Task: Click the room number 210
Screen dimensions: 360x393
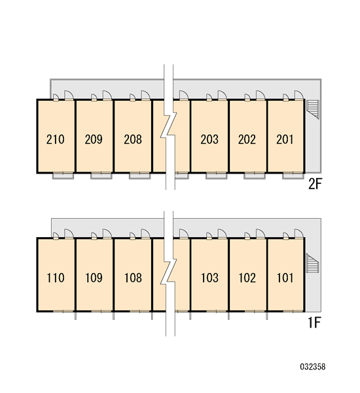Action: [x=56, y=140]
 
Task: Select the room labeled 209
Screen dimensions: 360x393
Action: [x=94, y=140]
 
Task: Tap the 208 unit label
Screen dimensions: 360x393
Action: [x=133, y=140]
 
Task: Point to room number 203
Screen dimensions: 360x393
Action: [x=209, y=140]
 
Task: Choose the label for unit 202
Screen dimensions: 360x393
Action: [x=247, y=140]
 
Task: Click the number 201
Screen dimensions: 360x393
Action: [x=285, y=140]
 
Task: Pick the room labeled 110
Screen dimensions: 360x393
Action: [x=56, y=278]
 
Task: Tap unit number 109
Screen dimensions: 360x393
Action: [x=94, y=278]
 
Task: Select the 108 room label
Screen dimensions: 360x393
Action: [x=133, y=278]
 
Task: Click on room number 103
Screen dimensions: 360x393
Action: [x=209, y=278]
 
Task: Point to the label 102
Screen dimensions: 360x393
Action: [x=247, y=278]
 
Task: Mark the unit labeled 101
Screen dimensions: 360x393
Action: [x=285, y=278]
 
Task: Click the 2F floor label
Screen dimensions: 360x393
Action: [x=315, y=184]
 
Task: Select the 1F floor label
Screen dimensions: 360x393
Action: [x=314, y=323]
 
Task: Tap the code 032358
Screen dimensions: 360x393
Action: [x=313, y=367]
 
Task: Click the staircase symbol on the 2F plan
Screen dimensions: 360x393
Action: [x=313, y=109]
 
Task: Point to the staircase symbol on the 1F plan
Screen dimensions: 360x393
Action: [x=312, y=263]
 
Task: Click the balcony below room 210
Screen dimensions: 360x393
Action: [x=63, y=176]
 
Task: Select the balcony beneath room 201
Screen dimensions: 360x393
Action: [x=293, y=176]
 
